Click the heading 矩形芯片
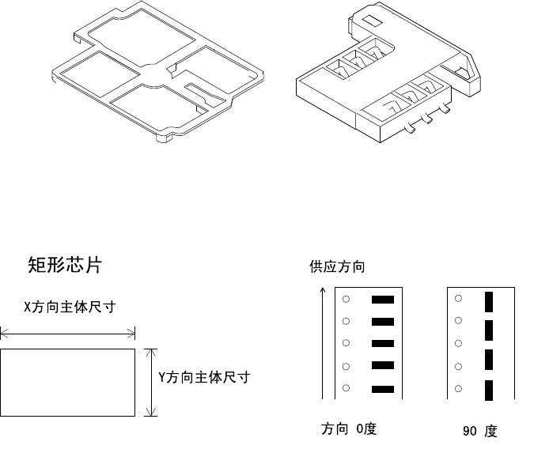coord(65,265)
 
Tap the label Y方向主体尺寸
coord(204,377)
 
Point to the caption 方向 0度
coord(349,429)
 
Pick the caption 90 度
coord(480,432)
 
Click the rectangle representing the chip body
coord(67,382)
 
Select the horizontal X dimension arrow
coord(67,333)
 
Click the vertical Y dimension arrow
coord(153,382)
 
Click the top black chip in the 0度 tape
coord(383,300)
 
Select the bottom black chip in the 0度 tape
coord(383,389)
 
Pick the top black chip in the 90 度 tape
coord(488,300)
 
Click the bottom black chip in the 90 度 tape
coord(488,389)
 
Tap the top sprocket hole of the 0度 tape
coord(347,299)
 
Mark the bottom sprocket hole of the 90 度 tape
coord(458,388)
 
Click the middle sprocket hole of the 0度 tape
coord(347,343)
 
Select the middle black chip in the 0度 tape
coord(383,344)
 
